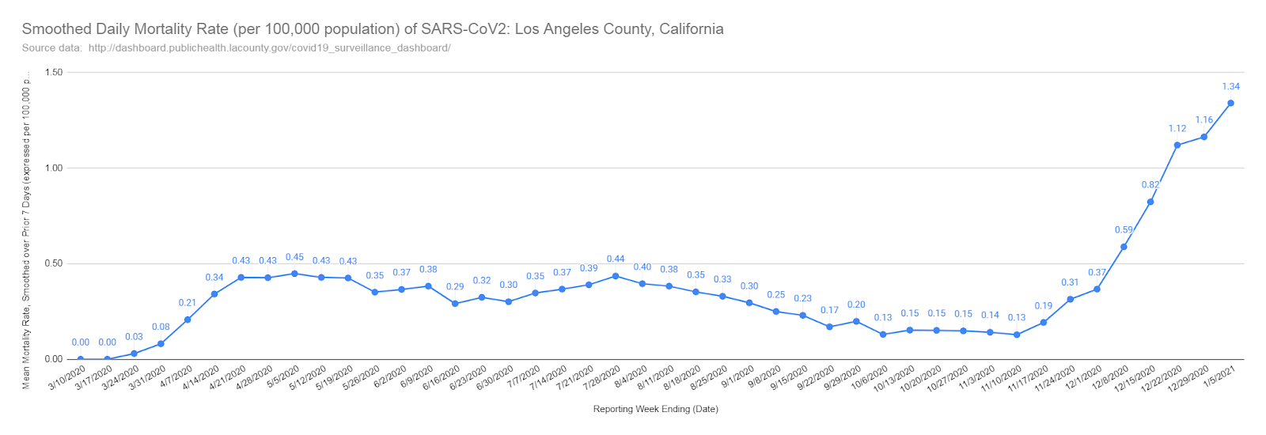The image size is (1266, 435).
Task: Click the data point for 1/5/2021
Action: pyautogui.click(x=1230, y=103)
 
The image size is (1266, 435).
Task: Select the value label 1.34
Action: pyautogui.click(x=1230, y=86)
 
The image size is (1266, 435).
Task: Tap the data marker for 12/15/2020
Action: pyautogui.click(x=1150, y=202)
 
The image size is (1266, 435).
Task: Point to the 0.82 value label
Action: pyautogui.click(x=1150, y=185)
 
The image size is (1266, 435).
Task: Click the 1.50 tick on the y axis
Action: pyautogui.click(x=54, y=72)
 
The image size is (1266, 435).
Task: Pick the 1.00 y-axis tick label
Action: pyautogui.click(x=54, y=168)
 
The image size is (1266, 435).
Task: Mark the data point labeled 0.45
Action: pyautogui.click(x=294, y=274)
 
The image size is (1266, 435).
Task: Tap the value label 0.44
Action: pyautogui.click(x=616, y=259)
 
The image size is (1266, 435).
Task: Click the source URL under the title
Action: pyautogui.click(x=269, y=47)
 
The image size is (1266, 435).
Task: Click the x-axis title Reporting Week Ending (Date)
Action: pyautogui.click(x=655, y=409)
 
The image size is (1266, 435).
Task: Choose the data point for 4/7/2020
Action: pyautogui.click(x=188, y=320)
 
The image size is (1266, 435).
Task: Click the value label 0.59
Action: pyautogui.click(x=1124, y=230)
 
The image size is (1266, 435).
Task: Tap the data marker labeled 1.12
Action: pyautogui.click(x=1177, y=145)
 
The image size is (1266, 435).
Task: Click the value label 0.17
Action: pyautogui.click(x=829, y=310)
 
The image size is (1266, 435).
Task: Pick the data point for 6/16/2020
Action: pyautogui.click(x=455, y=304)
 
